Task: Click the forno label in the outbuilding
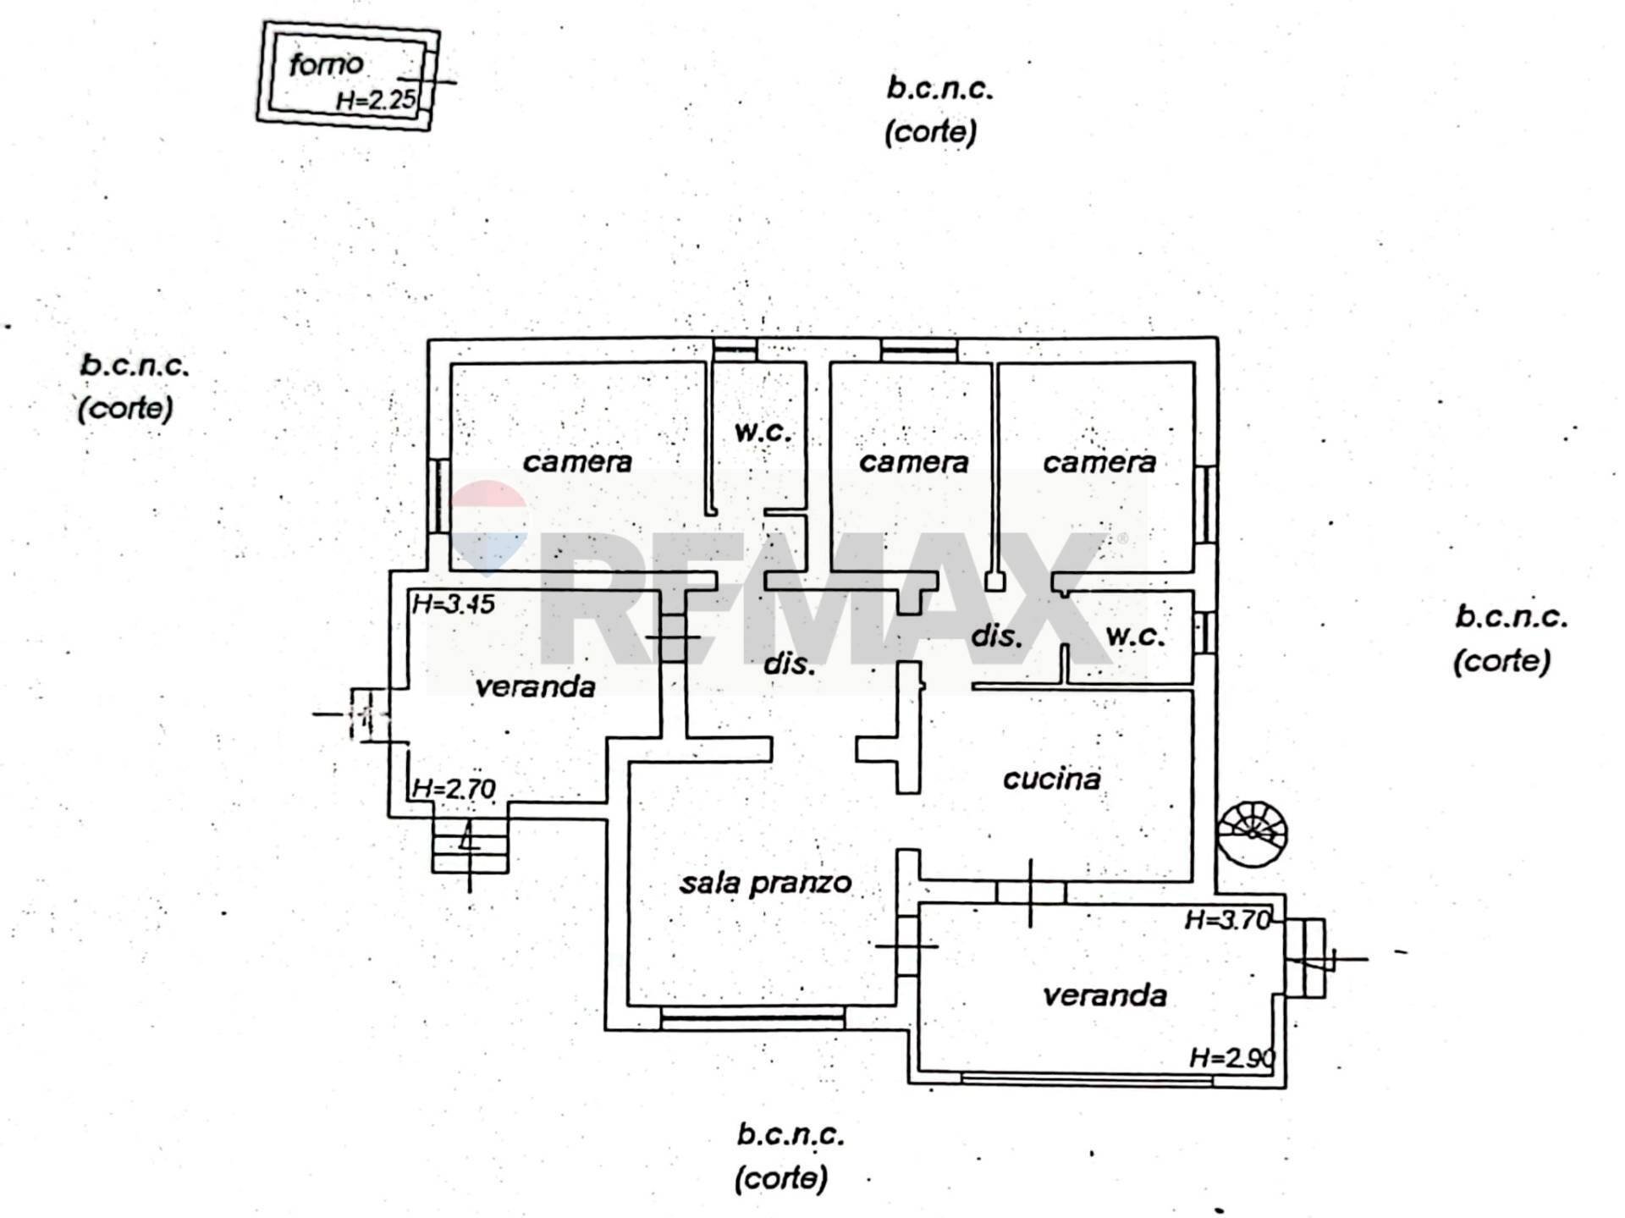[326, 64]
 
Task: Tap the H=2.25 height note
[376, 100]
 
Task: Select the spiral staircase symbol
[1253, 834]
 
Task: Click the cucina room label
[1051, 779]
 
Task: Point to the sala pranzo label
[765, 883]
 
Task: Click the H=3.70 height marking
[1227, 919]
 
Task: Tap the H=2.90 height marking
[1231, 1057]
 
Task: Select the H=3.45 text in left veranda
[453, 604]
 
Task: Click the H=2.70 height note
[453, 789]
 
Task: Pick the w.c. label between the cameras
[762, 432]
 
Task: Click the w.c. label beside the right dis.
[1134, 636]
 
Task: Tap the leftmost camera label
[577, 462]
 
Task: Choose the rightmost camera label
[1099, 462]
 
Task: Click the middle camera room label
[913, 462]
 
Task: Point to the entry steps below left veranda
[470, 846]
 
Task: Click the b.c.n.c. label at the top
[939, 88]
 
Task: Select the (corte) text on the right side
[1501, 660]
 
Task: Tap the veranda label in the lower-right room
[1104, 995]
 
